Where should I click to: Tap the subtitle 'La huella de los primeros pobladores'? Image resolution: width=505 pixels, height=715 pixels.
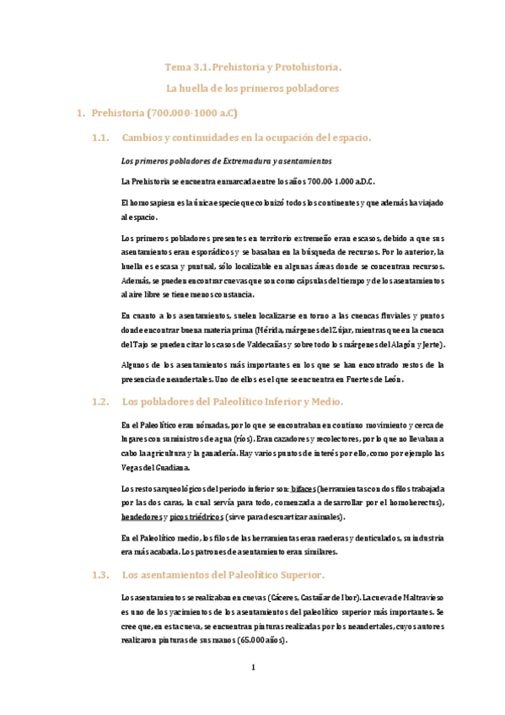click(253, 88)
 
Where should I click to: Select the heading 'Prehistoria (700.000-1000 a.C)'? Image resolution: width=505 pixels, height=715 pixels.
click(164, 112)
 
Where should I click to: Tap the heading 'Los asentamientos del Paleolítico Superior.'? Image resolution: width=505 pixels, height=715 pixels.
click(223, 575)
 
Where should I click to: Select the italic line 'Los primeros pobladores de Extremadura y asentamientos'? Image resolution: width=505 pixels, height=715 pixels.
click(227, 160)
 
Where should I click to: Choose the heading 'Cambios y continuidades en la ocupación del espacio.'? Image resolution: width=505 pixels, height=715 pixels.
click(246, 137)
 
